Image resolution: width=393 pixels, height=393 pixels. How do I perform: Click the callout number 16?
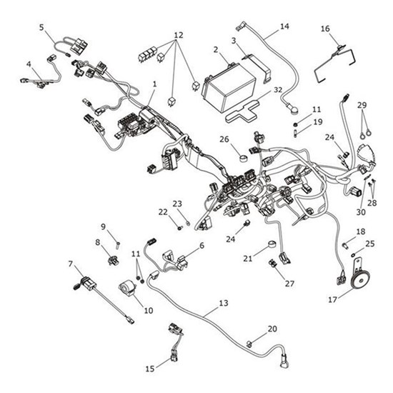coord(325,29)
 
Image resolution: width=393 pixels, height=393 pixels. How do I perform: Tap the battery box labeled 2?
coord(229,87)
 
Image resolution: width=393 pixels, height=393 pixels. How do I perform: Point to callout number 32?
coord(278,89)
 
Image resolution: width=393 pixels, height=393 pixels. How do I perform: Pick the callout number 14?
coord(284,26)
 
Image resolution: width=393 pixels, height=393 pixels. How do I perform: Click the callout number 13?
coord(224,304)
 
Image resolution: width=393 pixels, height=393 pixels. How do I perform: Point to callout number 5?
coord(41,27)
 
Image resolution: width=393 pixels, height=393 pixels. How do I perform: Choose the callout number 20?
coord(272,329)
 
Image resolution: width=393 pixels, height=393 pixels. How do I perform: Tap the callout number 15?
coord(149,369)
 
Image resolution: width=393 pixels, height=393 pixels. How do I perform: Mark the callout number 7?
coord(71,264)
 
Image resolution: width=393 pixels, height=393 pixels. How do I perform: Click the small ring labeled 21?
coord(272,247)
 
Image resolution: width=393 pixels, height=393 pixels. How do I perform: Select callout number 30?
coord(359,212)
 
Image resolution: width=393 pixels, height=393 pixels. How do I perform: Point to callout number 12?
coord(179,34)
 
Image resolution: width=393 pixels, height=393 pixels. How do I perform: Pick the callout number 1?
coord(154,84)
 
